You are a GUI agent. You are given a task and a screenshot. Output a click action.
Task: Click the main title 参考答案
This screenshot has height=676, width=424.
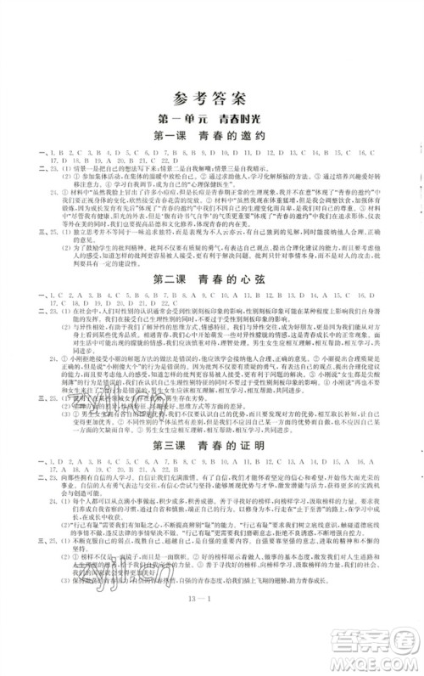(x=211, y=98)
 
